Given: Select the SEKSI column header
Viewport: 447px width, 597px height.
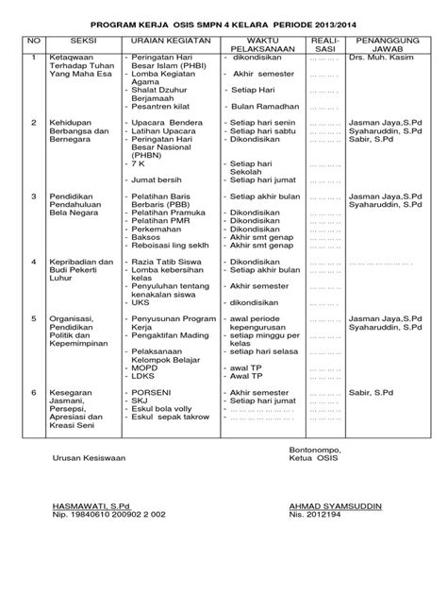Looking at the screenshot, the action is point(81,42).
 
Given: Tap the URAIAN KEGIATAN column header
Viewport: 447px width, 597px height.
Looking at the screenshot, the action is point(169,42).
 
